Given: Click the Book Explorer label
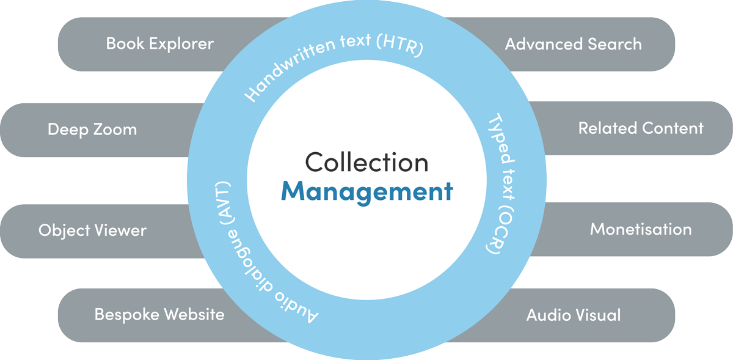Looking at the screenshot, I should point(160,44).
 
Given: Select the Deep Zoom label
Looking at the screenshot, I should point(92,130).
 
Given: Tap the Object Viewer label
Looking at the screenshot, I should point(92,230).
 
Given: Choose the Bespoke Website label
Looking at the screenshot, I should point(159,315).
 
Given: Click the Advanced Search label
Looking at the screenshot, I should point(573,44).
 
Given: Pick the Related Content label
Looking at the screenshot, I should point(641,128).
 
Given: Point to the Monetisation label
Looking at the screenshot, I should point(641,229).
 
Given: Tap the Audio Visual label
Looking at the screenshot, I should point(573,315).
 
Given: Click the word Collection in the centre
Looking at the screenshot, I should point(366,163).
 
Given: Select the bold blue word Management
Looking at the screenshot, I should point(366,191).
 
